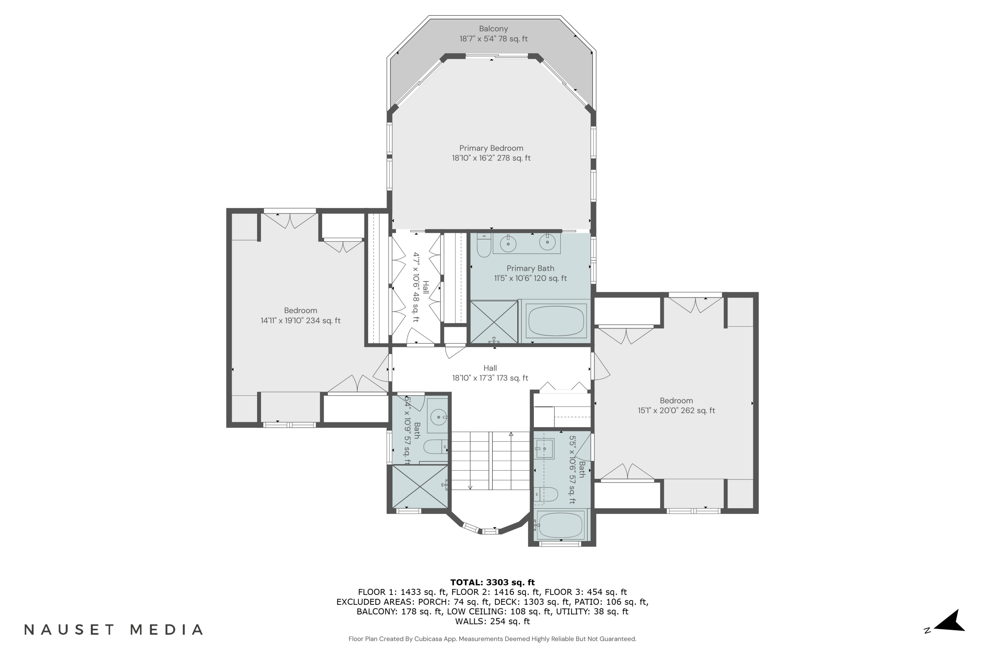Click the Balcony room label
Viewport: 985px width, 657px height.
tap(493, 34)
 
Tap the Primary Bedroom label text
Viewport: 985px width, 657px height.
tap(491, 153)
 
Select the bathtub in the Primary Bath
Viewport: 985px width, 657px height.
tap(556, 321)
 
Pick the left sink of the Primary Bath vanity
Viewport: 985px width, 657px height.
tap(508, 243)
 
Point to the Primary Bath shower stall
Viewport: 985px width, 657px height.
tap(494, 322)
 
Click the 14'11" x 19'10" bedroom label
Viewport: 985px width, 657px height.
tap(300, 315)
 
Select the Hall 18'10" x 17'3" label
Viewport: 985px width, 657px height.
tap(490, 373)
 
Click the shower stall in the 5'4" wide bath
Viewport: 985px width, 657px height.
tap(420, 487)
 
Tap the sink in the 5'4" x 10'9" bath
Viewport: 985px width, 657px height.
tap(438, 417)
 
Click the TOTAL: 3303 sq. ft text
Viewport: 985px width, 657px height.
tap(492, 582)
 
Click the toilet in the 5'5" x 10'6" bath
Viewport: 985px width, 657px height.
tap(546, 495)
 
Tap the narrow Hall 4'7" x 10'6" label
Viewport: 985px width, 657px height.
tap(421, 287)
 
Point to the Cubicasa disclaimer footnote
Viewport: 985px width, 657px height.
tap(492, 639)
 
